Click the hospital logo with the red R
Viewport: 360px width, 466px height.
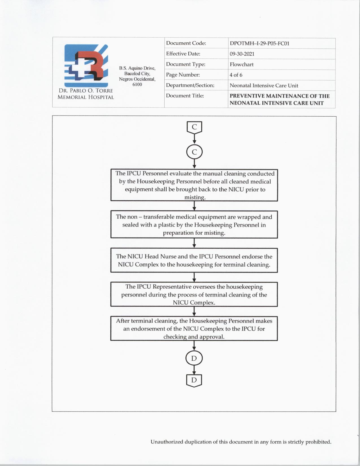(86, 66)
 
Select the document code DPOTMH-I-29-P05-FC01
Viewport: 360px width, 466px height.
(259, 43)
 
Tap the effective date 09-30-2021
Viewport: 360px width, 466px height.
(242, 54)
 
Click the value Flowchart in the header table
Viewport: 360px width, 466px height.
(241, 64)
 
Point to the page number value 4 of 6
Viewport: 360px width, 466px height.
(236, 75)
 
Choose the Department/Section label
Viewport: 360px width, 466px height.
(190, 85)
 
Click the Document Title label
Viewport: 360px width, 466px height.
(185, 96)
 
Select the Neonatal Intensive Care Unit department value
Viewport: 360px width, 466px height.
(264, 86)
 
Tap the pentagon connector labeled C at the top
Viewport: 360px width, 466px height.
(194, 127)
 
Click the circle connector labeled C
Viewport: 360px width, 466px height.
(194, 152)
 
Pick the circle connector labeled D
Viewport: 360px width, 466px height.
(194, 358)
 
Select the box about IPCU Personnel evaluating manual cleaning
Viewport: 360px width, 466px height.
(194, 185)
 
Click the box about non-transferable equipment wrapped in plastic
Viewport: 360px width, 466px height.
(194, 225)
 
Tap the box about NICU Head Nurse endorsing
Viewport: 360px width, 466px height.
(194, 260)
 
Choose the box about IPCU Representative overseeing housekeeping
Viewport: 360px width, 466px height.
(194, 294)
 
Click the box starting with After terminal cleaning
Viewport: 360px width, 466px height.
(194, 328)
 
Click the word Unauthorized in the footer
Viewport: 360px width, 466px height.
(167, 442)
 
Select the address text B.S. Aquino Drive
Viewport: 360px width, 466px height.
(137, 68)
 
